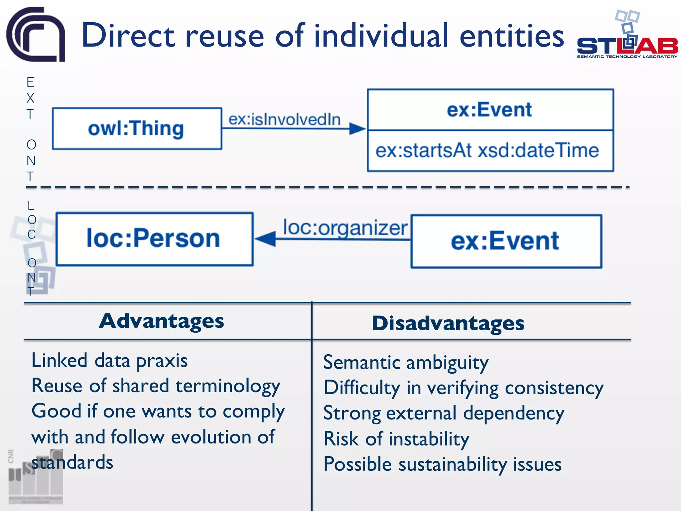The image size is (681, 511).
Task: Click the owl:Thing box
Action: coord(137,128)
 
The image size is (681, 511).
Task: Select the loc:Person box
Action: coord(155,239)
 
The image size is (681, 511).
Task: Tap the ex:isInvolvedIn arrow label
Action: coord(285,119)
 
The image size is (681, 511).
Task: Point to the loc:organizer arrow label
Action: coord(345,228)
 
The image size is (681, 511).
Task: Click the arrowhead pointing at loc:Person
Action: coord(266,239)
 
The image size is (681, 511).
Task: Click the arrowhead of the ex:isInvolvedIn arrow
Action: coord(357,128)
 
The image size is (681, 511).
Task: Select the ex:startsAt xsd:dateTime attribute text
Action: coord(487,150)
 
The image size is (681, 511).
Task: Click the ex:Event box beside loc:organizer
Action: coord(506,241)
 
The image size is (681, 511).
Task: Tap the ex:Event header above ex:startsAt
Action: coord(489,110)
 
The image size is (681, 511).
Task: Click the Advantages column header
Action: coord(162,321)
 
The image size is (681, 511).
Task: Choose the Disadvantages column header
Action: coord(448,323)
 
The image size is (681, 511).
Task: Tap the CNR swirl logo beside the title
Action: coord(36,34)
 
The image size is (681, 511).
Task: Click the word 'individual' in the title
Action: coord(381,36)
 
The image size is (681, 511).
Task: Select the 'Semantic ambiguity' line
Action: coord(406,363)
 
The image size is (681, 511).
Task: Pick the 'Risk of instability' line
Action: coord(396,439)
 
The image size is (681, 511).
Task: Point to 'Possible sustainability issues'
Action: coord(442,464)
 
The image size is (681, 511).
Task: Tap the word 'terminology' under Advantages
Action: coord(228,387)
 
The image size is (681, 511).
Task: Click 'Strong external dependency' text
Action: coord(444,414)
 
